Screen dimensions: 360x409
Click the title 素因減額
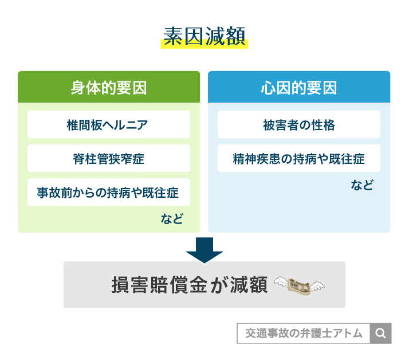(x=204, y=36)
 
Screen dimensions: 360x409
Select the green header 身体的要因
(x=109, y=88)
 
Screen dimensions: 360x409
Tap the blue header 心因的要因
(x=299, y=88)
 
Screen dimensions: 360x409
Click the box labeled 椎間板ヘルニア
(x=109, y=124)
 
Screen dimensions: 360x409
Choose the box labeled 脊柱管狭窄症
(x=109, y=158)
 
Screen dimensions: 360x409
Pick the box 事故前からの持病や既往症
(x=109, y=193)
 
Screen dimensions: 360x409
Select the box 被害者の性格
(x=299, y=124)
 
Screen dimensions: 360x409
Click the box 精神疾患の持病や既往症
(x=299, y=158)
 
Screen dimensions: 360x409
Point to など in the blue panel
(x=362, y=185)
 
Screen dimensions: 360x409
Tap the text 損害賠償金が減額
(x=189, y=285)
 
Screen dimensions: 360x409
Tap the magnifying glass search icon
(x=381, y=334)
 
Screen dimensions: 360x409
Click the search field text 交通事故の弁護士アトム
(x=304, y=334)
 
